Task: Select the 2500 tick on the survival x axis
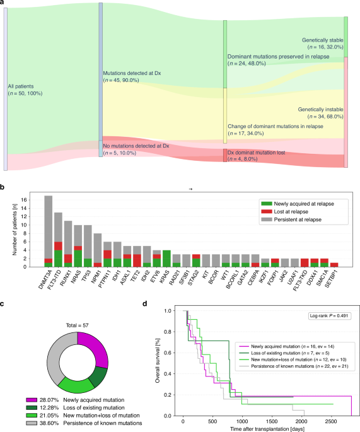330,422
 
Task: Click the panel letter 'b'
4,187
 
